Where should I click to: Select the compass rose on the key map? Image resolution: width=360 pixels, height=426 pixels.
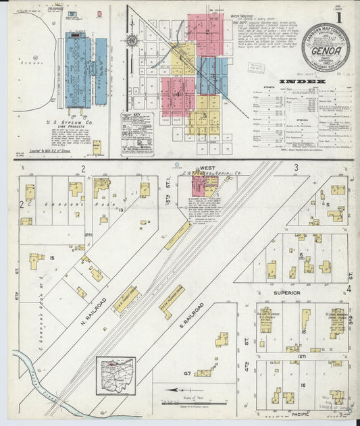(x=132, y=40)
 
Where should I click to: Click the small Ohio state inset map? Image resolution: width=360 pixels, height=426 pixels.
(x=115, y=375)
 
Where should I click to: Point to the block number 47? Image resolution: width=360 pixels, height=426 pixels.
(x=186, y=373)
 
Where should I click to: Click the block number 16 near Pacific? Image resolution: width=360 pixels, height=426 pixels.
(x=304, y=384)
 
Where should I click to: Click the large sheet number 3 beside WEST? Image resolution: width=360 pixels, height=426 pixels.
(x=296, y=167)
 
